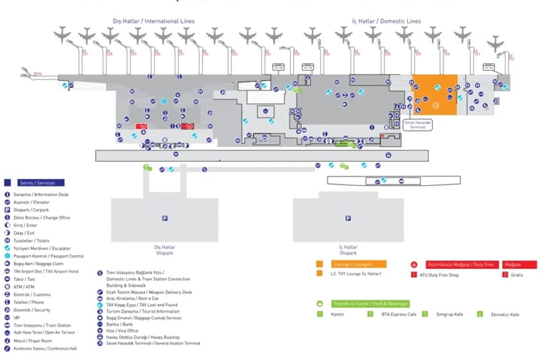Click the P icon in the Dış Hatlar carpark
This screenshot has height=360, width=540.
pyautogui.click(x=165, y=219)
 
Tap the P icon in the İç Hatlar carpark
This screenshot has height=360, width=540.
pyautogui.click(x=348, y=219)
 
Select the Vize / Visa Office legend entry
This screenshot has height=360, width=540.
pyautogui.click(x=122, y=330)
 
